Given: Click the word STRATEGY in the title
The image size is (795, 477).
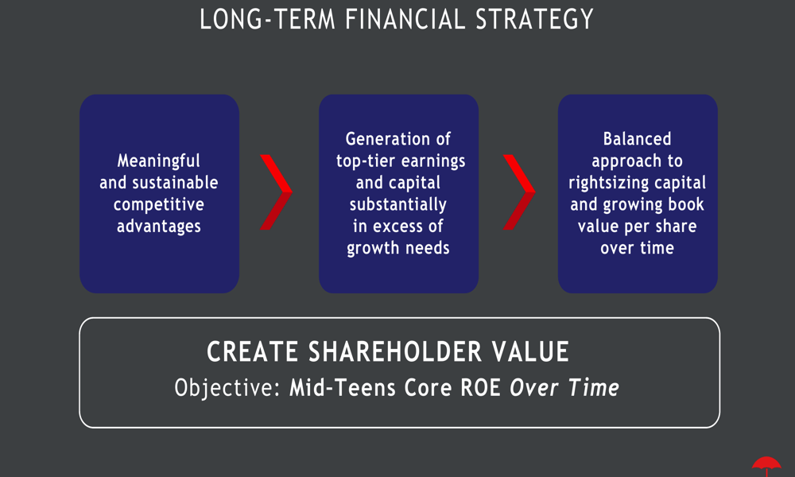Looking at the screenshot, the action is coord(534,19).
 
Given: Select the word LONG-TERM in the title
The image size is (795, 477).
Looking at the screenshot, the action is coord(267,19).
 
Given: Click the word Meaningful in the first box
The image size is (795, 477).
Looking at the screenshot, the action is coord(159,161).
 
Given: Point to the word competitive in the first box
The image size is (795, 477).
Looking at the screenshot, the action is coord(159,205).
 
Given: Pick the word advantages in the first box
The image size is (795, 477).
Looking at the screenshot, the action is coord(159,227).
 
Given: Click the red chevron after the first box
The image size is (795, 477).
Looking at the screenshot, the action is coord(277,192).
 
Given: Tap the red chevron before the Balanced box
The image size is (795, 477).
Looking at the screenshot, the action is coord(520,192).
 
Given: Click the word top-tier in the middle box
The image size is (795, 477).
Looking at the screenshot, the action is coord(365,161).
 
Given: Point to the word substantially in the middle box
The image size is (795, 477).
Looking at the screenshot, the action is coord(398,205).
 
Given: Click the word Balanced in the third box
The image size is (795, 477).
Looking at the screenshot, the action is coord(638,139).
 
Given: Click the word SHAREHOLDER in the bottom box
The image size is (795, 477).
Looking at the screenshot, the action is coord(395,352).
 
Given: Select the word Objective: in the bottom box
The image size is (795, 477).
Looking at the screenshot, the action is coord(227,388).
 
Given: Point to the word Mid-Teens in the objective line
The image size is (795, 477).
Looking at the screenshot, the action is coord(342,388).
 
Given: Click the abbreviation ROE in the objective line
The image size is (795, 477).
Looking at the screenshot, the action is coord(480,388).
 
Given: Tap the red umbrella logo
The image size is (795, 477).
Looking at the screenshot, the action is coord(766,466).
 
